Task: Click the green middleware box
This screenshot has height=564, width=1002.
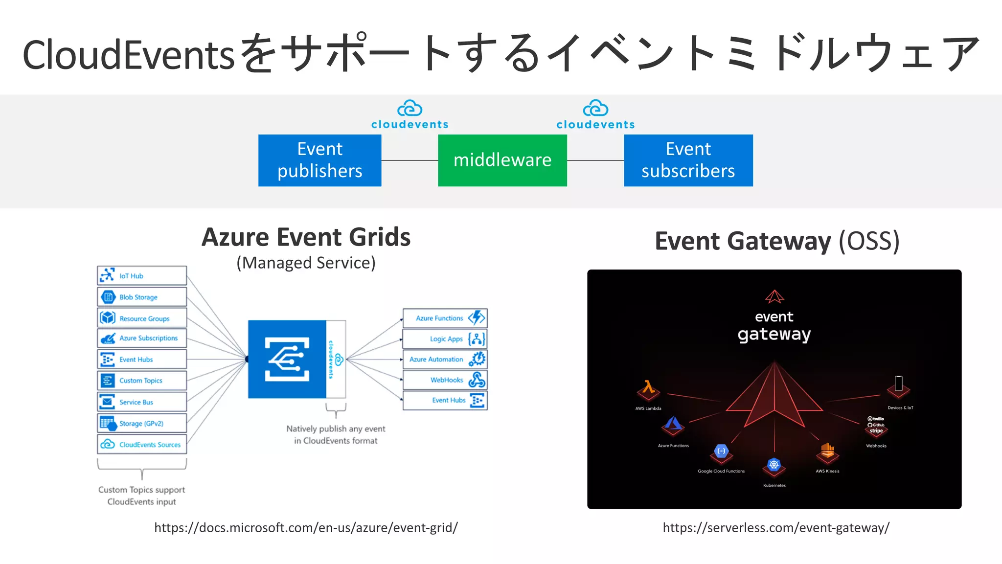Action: point(502,160)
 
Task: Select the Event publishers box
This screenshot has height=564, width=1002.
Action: point(319,160)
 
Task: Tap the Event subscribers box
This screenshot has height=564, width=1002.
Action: point(688,160)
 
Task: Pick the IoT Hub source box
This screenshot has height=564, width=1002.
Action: point(142,276)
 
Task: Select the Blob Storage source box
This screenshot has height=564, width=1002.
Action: point(142,297)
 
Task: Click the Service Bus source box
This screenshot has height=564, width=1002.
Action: point(142,402)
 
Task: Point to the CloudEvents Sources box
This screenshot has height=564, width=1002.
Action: point(142,445)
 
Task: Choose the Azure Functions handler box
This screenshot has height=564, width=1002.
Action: point(445,318)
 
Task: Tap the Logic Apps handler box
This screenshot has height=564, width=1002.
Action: point(445,338)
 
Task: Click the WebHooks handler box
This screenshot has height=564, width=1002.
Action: point(445,380)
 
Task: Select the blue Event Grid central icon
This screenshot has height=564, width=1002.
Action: point(287,359)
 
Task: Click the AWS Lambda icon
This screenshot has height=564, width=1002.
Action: point(648,389)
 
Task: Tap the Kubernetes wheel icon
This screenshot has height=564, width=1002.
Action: point(774,465)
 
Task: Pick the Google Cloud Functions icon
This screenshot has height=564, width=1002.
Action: point(721,451)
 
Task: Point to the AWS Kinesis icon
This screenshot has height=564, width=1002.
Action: point(827,451)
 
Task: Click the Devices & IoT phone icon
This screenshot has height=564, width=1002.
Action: point(899,384)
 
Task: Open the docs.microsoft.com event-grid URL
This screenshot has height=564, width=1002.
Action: point(306,528)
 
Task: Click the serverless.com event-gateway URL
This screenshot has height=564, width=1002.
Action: point(776,528)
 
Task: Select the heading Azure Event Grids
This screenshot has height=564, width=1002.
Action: point(306,237)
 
